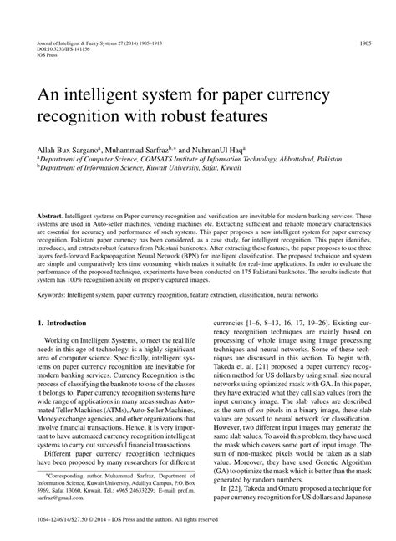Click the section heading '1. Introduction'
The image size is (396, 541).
tap(63, 345)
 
